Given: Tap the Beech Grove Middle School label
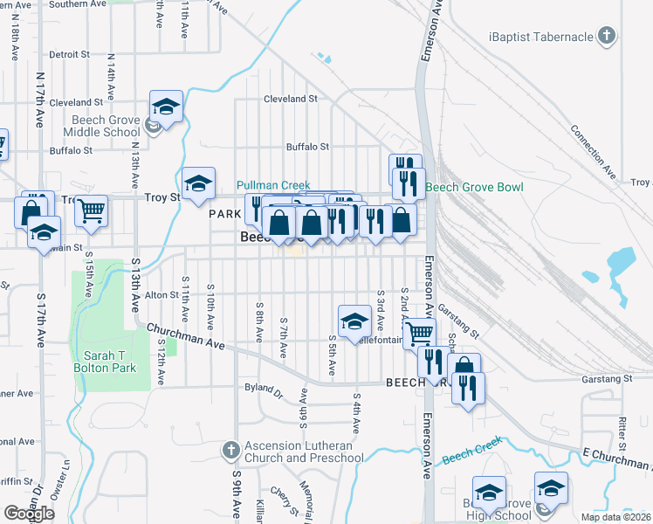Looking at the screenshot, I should tap(101, 127).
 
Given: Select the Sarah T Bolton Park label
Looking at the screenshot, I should tap(110, 362).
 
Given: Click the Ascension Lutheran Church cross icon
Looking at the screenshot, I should tap(230, 451).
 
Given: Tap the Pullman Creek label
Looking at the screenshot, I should tap(273, 185).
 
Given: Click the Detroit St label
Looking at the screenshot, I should tap(71, 54).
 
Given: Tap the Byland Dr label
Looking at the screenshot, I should tap(265, 395).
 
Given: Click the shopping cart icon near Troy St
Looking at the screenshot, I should tap(91, 210).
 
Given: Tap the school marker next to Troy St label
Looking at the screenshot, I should tap(199, 183).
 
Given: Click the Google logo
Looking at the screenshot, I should tap(29, 514).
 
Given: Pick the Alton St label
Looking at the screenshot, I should tap(162, 295).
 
